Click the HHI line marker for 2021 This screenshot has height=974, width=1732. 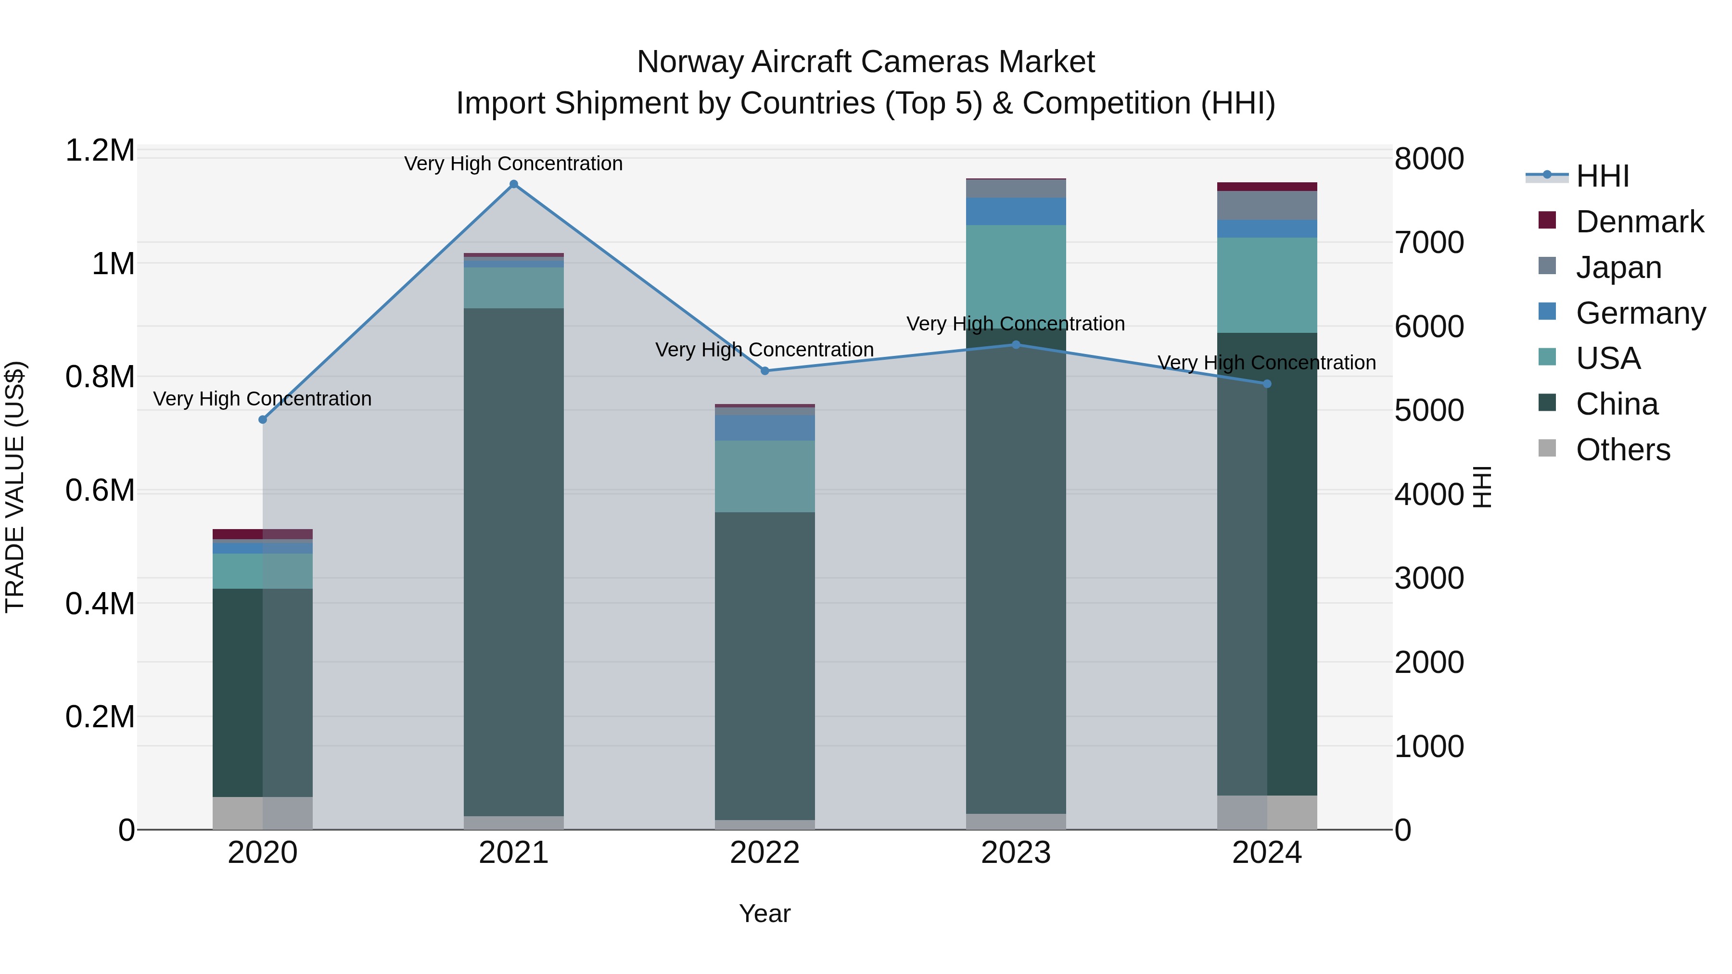click(514, 184)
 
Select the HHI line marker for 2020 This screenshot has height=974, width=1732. click(263, 419)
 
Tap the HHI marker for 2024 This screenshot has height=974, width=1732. click(1267, 384)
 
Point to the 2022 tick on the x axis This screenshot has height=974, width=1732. click(764, 852)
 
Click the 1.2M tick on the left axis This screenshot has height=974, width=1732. click(100, 151)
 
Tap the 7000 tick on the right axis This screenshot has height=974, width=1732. click(1429, 243)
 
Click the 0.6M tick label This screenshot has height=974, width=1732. click(100, 490)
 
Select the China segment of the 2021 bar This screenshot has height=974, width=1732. click(514, 561)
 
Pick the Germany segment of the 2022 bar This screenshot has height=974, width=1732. click(764, 428)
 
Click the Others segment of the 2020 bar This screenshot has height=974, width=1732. click(263, 813)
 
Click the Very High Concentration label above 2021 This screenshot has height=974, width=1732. click(514, 164)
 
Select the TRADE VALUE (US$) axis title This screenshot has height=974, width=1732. click(15, 487)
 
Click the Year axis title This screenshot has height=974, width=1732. click(764, 913)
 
